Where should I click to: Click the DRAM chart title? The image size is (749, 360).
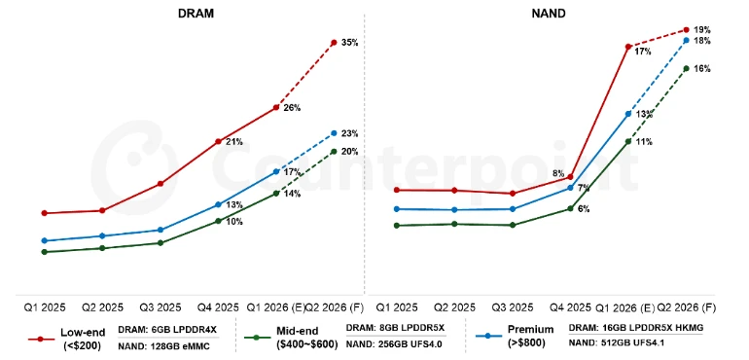pos(196,14)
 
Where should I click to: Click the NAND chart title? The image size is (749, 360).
pos(550,14)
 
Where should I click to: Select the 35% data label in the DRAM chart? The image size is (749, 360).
pos(350,43)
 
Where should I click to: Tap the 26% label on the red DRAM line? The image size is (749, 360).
pos(292,107)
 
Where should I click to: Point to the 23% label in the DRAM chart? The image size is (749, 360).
pos(350,133)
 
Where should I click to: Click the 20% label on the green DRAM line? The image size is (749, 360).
pos(350,151)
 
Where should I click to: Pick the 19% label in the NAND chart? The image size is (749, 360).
pos(702,30)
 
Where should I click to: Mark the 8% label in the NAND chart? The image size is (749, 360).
pos(558,174)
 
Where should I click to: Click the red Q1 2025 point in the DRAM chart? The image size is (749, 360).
pos(44,212)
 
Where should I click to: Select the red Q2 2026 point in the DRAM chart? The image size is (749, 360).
pos(334,43)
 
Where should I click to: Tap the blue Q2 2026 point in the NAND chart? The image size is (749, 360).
pos(687,41)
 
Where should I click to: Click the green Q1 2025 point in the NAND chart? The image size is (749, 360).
pos(397,226)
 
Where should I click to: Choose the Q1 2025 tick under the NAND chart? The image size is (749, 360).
pos(397,306)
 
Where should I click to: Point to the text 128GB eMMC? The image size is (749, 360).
pos(182,345)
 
